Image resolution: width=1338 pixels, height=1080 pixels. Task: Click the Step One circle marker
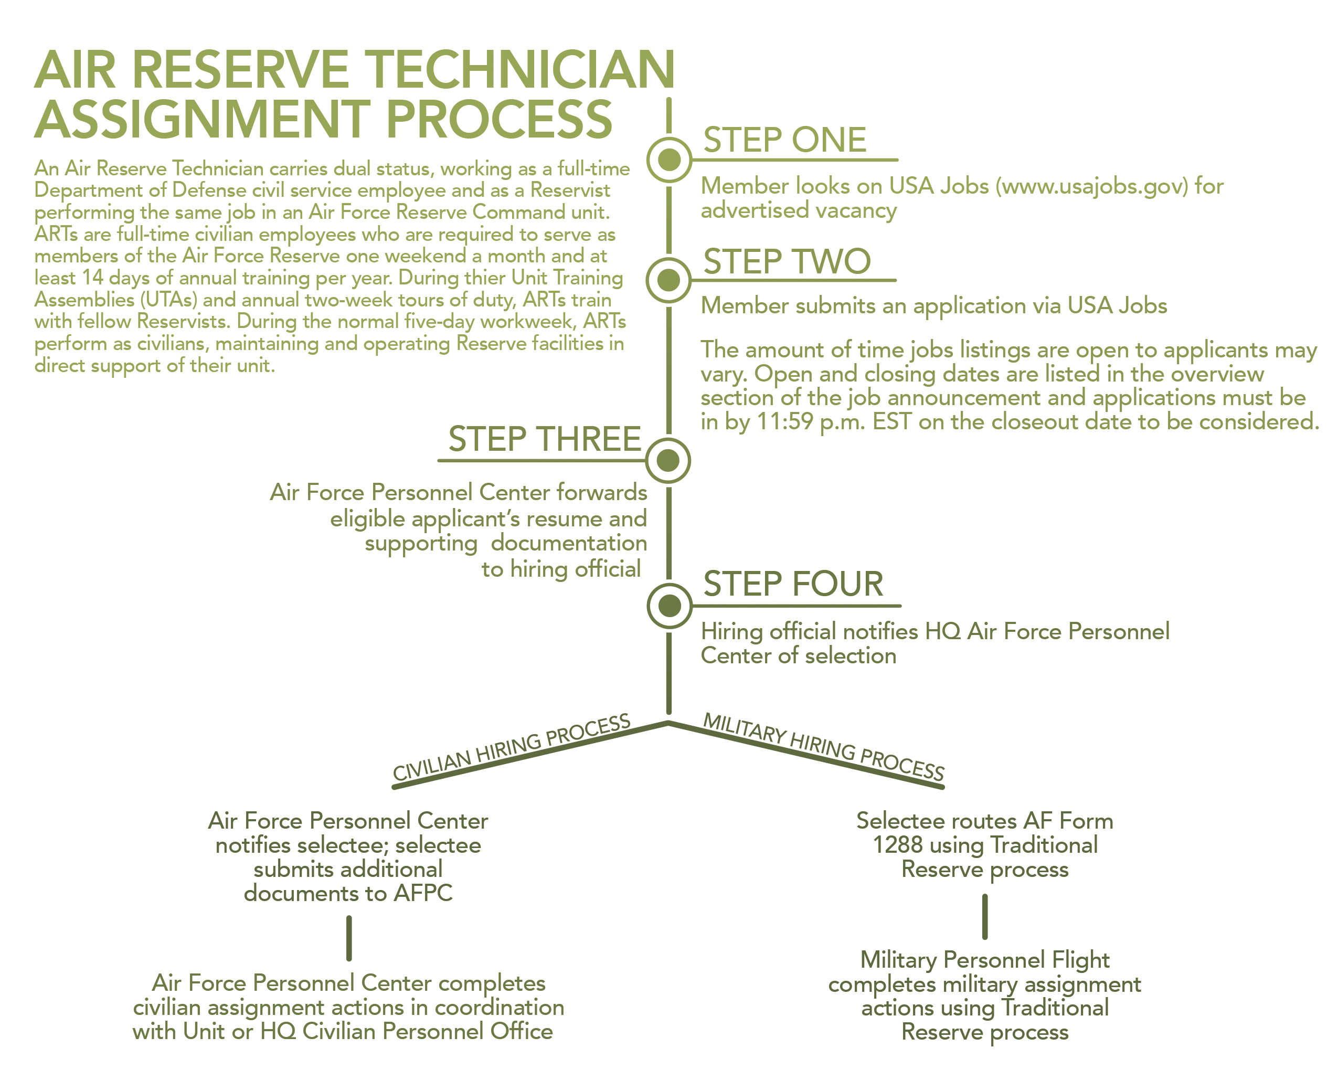pyautogui.click(x=668, y=160)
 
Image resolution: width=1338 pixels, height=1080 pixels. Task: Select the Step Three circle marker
pyautogui.click(x=668, y=460)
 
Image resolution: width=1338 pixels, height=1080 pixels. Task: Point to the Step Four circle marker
pyautogui.click(x=670, y=605)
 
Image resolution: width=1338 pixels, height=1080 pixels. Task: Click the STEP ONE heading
pyautogui.click(x=784, y=140)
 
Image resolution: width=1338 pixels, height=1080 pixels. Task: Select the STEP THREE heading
pyautogui.click(x=544, y=439)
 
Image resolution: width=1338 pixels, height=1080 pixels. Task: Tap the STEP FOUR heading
pyautogui.click(x=793, y=584)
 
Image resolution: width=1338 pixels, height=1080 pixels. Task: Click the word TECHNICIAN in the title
pyautogui.click(x=519, y=70)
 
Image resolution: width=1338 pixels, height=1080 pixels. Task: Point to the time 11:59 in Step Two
pyautogui.click(x=784, y=422)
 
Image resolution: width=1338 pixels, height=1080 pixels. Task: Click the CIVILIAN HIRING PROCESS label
pyautogui.click(x=511, y=747)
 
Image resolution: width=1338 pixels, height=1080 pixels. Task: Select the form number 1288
pyautogui.click(x=898, y=845)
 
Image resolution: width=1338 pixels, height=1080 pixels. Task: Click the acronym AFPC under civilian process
pyautogui.click(x=423, y=893)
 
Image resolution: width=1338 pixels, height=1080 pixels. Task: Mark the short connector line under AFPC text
pyautogui.click(x=349, y=938)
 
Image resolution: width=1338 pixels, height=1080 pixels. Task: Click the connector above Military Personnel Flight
pyautogui.click(x=985, y=916)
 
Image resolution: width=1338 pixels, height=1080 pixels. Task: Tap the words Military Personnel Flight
pyautogui.click(x=985, y=960)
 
